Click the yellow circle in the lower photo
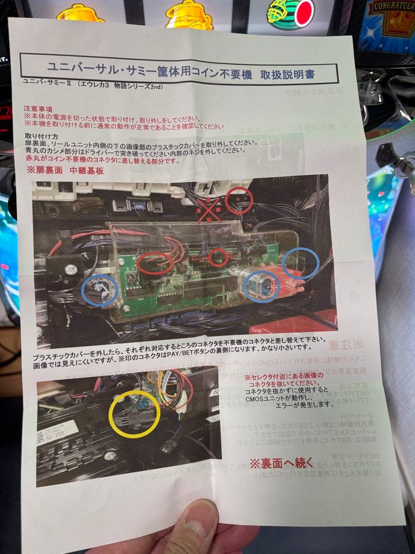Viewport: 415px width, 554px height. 135,413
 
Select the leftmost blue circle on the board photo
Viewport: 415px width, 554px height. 100,290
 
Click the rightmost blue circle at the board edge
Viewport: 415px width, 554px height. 301,263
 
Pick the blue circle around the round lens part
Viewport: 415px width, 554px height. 261,286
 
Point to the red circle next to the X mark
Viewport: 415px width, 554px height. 239,200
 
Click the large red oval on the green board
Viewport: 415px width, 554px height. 155,263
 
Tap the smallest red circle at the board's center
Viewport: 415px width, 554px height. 219,258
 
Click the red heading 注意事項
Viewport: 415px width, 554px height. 37,109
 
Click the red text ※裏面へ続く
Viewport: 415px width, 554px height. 281,463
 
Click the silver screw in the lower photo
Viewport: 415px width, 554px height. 110,454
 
